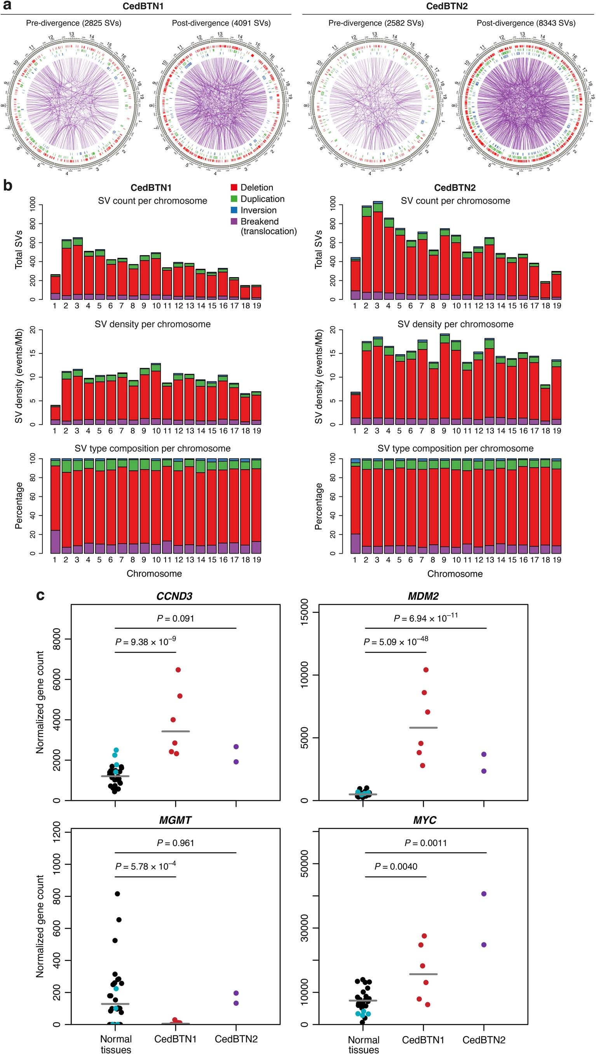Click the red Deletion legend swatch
234,187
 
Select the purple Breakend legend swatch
234,222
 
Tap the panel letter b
8,186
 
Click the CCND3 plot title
174,596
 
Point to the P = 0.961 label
175,843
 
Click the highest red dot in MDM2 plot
426,670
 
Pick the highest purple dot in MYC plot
484,894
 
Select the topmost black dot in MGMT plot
117,894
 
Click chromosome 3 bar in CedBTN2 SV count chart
377,254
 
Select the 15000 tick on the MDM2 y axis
306,613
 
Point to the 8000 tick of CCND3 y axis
56,640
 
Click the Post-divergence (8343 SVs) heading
526,23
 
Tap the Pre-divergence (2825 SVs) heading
74,23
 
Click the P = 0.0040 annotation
396,867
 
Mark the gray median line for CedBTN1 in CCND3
176,731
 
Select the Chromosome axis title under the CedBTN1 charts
154,574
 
